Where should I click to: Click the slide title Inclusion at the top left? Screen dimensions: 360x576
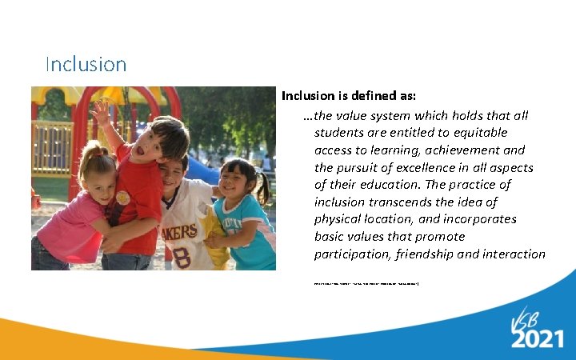pos(86,64)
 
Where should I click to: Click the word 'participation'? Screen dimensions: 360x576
pos(350,254)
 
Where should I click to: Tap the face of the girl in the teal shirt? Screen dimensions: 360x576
pos(238,182)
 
